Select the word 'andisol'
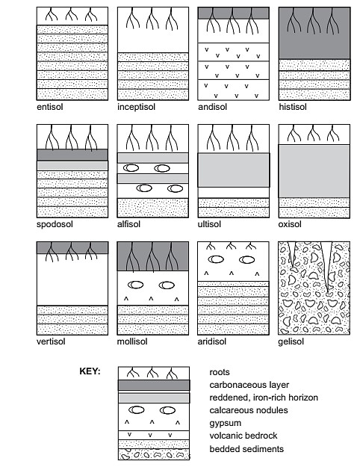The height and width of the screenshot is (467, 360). point(211,106)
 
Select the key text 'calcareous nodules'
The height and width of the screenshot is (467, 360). point(248,410)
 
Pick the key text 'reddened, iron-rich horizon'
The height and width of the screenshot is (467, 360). point(264,398)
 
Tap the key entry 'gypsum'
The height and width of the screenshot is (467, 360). point(227,423)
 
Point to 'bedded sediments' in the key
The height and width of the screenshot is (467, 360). point(246,448)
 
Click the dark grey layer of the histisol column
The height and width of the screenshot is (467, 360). point(314,34)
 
